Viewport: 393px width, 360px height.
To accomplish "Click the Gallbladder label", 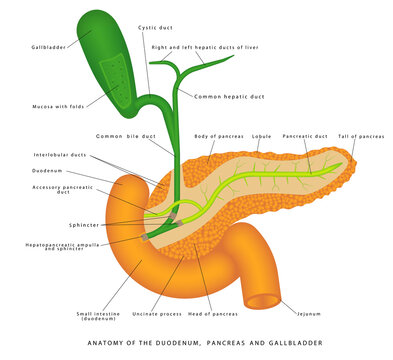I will [x=48, y=47].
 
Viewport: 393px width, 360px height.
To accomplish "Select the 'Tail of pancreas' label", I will [x=361, y=136].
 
